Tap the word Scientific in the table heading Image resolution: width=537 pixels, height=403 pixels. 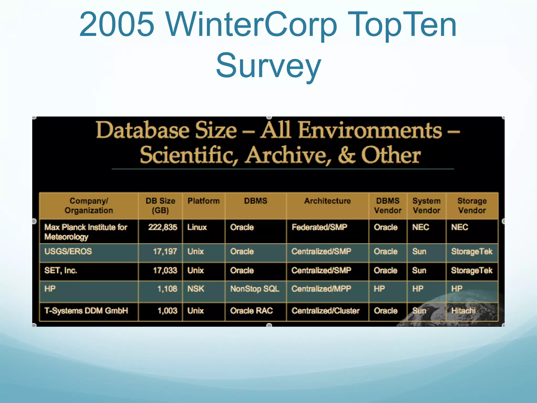pyautogui.click(x=186, y=155)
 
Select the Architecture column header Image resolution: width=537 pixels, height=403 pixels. pyautogui.click(x=327, y=201)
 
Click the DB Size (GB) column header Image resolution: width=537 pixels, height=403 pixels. pyautogui.click(x=160, y=206)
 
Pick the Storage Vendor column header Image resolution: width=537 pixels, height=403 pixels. pyautogui.click(x=472, y=206)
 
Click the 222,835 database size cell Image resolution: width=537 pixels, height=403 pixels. pyautogui.click(x=163, y=227)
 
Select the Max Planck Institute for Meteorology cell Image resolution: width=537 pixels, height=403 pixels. pyautogui.click(x=85, y=232)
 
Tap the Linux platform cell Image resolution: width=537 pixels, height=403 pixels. pyautogui.click(x=197, y=227)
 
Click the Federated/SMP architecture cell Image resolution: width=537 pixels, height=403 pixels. pyautogui.click(x=319, y=227)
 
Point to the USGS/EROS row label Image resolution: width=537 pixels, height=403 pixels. pyautogui.click(x=68, y=252)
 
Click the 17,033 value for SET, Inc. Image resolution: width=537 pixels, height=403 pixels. pyautogui.click(x=165, y=271)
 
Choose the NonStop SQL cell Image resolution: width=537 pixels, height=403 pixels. pyautogui.click(x=255, y=289)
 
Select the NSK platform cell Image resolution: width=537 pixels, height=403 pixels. pyautogui.click(x=196, y=289)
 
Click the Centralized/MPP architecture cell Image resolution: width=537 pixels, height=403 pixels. pyautogui.click(x=321, y=289)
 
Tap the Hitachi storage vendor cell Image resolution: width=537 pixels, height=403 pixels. pyautogui.click(x=463, y=311)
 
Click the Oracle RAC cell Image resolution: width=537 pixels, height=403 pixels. pyautogui.click(x=251, y=311)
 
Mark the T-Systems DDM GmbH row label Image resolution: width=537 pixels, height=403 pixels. pyautogui.click(x=86, y=311)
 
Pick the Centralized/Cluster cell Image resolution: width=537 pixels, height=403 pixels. pyautogui.click(x=325, y=311)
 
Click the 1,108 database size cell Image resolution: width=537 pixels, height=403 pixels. pyautogui.click(x=167, y=289)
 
